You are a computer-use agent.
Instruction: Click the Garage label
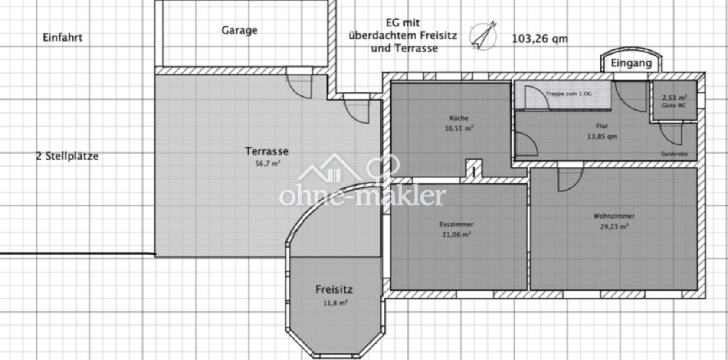tap(239, 30)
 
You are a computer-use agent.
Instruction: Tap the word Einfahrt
tap(62, 38)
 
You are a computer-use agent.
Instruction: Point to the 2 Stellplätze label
tap(67, 156)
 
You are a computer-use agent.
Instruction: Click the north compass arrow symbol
tap(483, 36)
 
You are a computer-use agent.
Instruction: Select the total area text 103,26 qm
tap(540, 39)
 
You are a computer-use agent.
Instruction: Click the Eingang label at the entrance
tap(631, 63)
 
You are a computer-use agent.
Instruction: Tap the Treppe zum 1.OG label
tap(569, 94)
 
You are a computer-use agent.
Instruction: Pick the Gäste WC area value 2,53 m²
tap(675, 98)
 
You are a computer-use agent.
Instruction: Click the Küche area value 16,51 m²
tap(459, 128)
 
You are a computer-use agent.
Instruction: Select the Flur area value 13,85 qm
tap(602, 137)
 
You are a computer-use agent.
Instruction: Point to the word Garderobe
tap(674, 154)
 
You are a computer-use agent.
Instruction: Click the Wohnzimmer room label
tap(614, 216)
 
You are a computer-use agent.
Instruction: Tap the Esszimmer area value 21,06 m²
tap(456, 234)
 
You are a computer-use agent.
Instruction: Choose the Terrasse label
tap(266, 151)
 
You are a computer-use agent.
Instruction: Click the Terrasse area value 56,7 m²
tap(268, 164)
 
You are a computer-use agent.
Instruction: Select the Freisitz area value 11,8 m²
tap(335, 303)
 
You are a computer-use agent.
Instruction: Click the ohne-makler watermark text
tap(362, 196)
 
